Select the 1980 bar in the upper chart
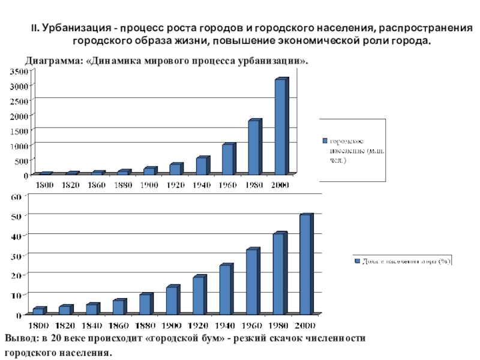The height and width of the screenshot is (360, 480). pos(254,147)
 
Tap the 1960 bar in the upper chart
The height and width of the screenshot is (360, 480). pos(227,159)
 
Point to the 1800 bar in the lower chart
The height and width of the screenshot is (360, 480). pos(38,310)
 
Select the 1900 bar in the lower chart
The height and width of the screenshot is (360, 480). pos(172,300)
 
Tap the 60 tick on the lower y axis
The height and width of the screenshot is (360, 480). pos(16,196)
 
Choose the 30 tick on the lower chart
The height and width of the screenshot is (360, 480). pos(16,256)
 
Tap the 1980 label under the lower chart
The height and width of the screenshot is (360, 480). pos(278,325)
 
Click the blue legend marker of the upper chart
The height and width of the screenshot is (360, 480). pos(325,140)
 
